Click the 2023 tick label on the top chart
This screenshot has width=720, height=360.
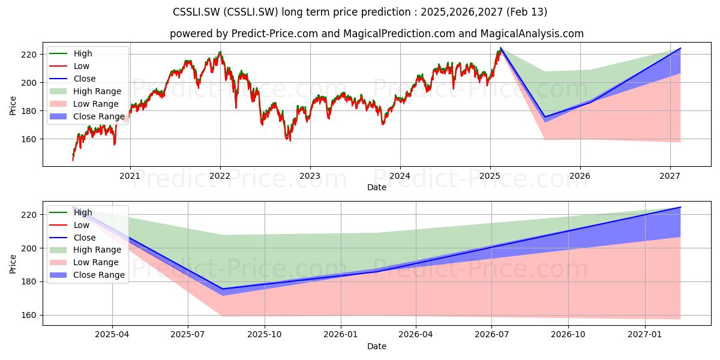pos(310,176)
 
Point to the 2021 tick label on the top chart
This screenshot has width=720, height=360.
pos(130,176)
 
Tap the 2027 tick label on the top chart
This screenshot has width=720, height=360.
pos(670,176)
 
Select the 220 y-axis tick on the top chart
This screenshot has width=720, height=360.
pos(29,55)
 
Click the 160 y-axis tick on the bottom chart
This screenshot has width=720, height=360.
pos(29,316)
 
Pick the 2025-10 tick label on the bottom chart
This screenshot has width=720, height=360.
pos(265,335)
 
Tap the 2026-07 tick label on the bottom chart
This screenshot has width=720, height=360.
pos(491,335)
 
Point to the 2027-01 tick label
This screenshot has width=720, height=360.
pos(645,335)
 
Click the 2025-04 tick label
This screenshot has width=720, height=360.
pos(112,335)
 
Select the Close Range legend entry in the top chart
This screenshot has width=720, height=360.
pos(88,116)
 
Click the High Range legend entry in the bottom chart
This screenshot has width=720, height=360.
pos(85,250)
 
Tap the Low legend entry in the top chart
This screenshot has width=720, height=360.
pos(70,66)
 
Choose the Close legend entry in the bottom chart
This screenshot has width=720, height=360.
pos(73,238)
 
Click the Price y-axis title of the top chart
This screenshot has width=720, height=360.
pos(13,106)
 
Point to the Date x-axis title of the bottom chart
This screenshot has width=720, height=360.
pos(377,347)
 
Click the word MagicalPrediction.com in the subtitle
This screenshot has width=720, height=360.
pos(399,34)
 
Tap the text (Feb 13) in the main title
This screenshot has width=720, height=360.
pos(527,12)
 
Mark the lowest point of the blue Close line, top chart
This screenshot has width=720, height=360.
pos(545,117)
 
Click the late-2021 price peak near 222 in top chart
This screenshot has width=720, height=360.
pos(220,52)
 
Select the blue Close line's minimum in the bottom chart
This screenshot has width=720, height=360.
pos(223,289)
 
